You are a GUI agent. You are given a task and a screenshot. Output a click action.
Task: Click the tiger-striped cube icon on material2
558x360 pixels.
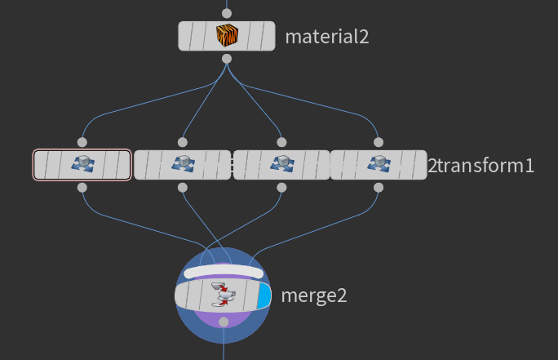[226, 36]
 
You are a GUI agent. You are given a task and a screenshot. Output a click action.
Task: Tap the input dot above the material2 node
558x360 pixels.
[227, 13]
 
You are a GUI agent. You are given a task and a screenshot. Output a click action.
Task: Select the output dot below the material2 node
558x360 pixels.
[227, 59]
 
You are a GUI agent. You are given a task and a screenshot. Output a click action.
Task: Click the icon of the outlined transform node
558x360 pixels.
[82, 165]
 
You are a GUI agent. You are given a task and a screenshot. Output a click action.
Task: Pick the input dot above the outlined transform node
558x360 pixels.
[82, 142]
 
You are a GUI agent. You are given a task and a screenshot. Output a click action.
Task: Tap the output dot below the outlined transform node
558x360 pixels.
[82, 188]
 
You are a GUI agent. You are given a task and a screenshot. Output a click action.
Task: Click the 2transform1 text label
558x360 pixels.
[481, 166]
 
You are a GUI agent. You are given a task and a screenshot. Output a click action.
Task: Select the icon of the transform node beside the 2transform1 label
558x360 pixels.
[378, 165]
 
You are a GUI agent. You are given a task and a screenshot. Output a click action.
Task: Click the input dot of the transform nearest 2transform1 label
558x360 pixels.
[378, 142]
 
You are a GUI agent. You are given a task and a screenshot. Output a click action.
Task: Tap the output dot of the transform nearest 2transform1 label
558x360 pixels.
[378, 188]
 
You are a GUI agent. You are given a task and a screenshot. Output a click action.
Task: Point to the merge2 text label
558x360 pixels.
[314, 296]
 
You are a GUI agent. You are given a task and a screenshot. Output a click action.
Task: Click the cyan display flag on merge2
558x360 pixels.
[263, 296]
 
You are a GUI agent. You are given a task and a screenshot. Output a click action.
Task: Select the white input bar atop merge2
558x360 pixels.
[223, 272]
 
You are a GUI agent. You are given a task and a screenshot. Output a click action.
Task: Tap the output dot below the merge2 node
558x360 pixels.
[224, 321]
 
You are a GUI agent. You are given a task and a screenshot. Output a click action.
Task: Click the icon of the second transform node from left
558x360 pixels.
[182, 165]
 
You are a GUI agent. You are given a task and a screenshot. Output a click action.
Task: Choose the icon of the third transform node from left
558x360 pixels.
[281, 165]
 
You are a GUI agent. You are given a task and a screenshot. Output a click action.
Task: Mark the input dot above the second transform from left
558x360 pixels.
[182, 142]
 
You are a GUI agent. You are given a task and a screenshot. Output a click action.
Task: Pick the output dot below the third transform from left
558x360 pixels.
[281, 188]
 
